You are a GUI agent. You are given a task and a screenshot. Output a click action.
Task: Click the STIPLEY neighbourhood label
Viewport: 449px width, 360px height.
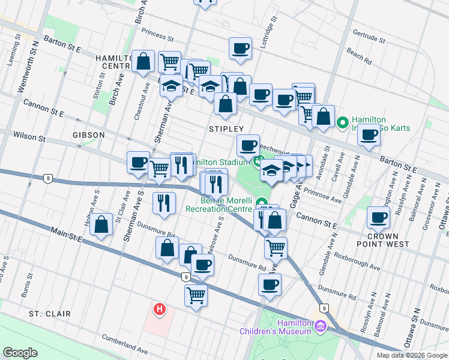click(226, 129)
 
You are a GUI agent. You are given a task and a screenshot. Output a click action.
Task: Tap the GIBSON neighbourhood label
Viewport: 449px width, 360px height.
click(89, 135)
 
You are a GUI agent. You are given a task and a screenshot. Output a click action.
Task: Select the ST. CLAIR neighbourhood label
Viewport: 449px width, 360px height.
click(49, 314)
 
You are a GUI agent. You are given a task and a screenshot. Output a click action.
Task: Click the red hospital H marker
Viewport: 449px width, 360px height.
click(160, 310)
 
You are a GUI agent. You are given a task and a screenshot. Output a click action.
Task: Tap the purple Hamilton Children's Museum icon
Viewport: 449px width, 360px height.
click(321, 326)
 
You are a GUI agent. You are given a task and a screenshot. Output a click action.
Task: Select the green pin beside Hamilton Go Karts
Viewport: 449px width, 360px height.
click(343, 123)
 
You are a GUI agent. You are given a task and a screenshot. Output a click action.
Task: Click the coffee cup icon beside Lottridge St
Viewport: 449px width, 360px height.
click(240, 49)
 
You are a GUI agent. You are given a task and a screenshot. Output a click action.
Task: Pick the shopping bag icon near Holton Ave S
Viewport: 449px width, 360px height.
click(102, 225)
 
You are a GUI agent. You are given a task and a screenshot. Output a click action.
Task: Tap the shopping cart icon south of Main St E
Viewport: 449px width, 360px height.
click(196, 295)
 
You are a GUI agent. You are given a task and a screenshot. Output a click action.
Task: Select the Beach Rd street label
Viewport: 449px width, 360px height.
click(358, 57)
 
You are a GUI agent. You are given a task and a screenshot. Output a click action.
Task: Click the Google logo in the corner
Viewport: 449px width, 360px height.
click(20, 353)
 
